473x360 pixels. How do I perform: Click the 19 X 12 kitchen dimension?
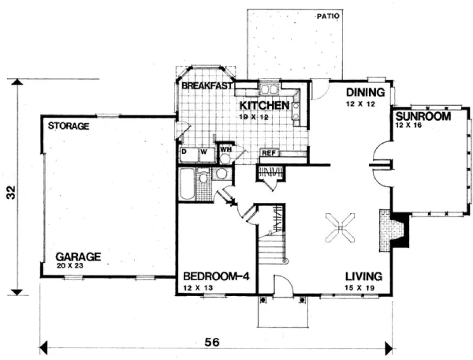(256, 117)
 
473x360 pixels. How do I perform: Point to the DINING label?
(365, 92)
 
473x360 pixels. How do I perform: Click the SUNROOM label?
(423, 117)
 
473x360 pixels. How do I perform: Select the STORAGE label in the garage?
(68, 126)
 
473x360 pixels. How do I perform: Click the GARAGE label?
(79, 256)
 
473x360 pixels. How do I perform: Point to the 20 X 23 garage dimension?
(70, 266)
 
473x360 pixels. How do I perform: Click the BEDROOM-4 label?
(216, 276)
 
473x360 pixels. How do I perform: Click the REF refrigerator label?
(269, 153)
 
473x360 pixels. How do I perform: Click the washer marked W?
(204, 152)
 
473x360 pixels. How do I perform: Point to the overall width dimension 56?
(213, 343)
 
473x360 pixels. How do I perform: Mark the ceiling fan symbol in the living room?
(340, 228)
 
